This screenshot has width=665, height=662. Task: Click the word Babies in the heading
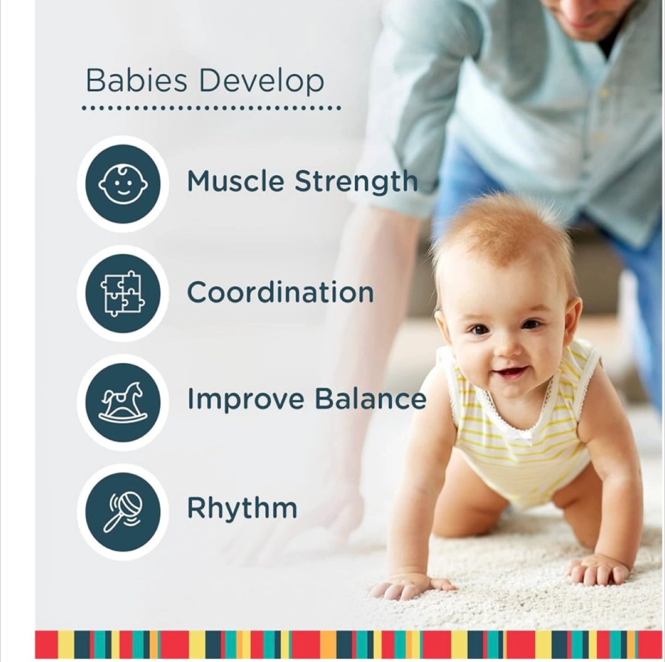click(x=136, y=81)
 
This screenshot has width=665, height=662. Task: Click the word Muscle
click(x=235, y=181)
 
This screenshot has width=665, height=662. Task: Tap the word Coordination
click(x=280, y=292)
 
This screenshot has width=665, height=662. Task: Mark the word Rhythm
click(x=242, y=508)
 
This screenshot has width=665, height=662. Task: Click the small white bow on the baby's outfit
click(x=526, y=435)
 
